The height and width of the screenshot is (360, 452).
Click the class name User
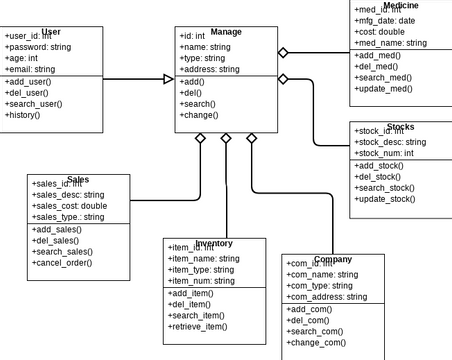(51, 32)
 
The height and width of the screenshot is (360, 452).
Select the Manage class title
(226, 32)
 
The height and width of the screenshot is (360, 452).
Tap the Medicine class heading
(401, 6)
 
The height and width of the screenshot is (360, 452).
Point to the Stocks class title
(400, 127)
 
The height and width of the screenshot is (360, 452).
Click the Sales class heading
(78, 179)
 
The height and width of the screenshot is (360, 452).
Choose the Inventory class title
(214, 243)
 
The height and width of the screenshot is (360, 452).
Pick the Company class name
(333, 259)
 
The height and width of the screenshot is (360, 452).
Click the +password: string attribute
(38, 47)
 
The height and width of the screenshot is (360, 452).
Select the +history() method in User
(23, 115)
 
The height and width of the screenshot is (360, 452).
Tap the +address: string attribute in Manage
(209, 69)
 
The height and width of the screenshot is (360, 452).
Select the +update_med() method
(385, 89)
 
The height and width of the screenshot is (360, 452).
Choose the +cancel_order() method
(62, 263)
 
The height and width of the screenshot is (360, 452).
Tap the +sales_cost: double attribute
(70, 206)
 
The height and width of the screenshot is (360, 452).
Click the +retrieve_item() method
(197, 326)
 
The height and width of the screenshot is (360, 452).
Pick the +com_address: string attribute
(327, 297)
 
